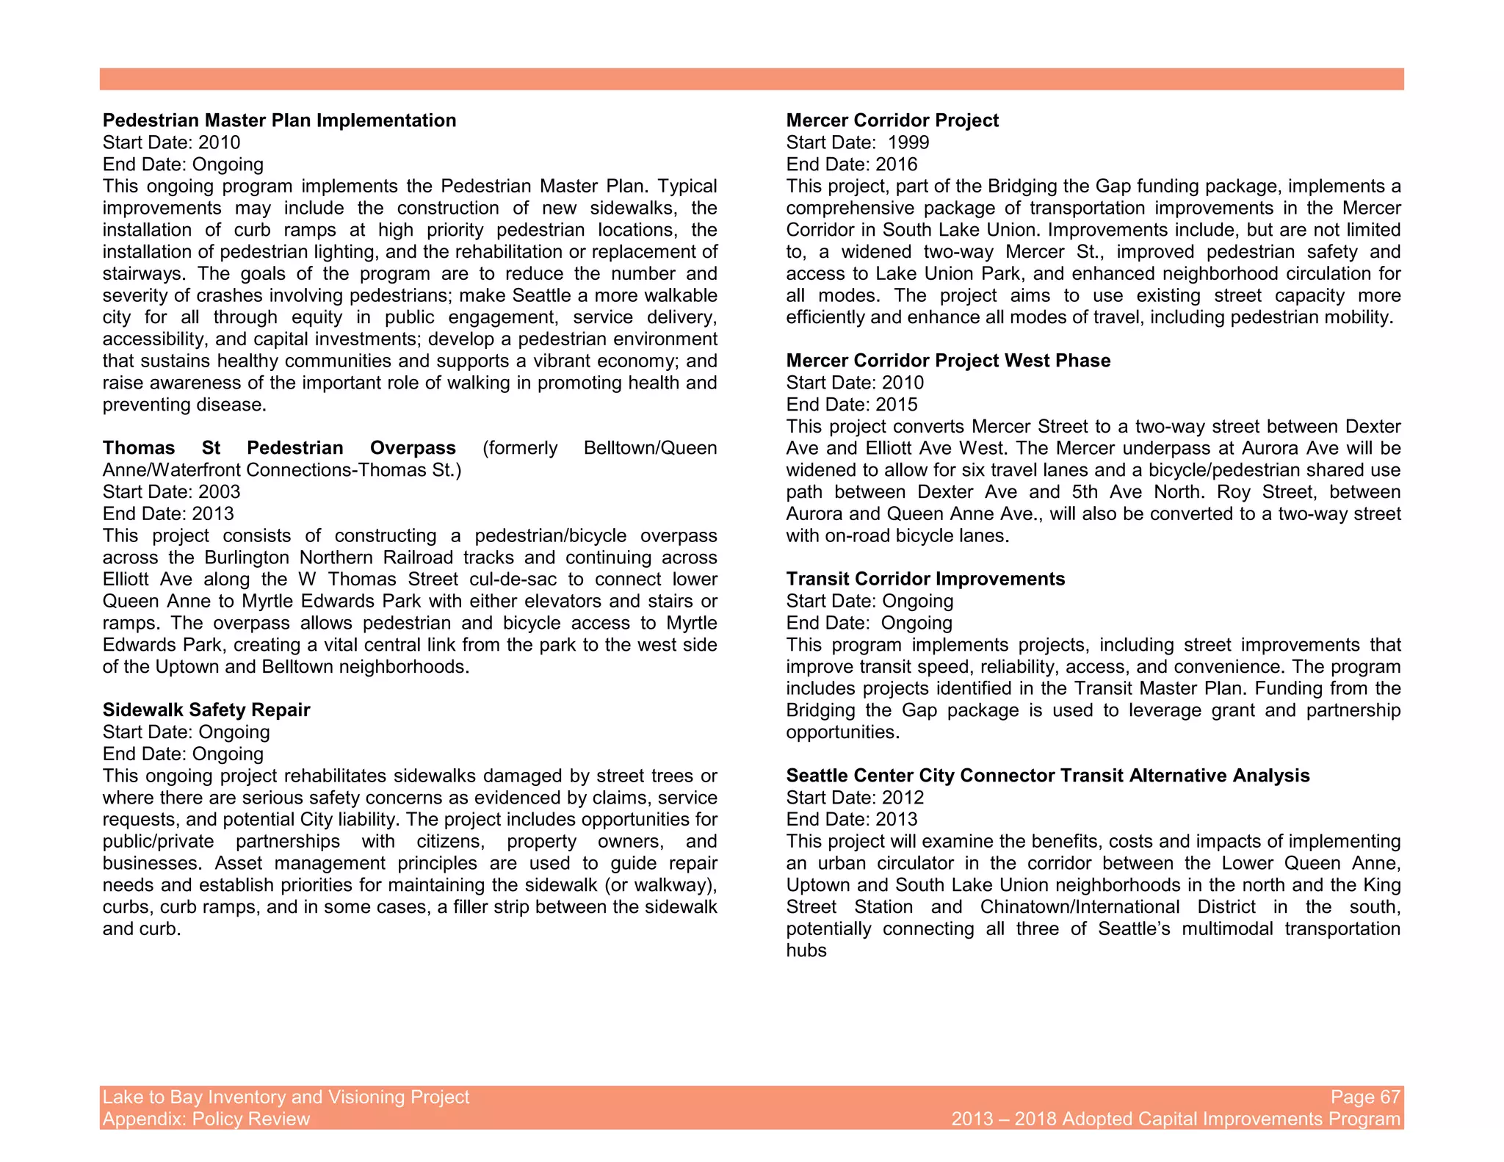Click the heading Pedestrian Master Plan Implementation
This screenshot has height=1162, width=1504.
[x=279, y=120]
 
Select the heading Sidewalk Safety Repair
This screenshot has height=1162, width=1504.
[x=206, y=710]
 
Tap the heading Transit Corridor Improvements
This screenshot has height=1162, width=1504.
[x=925, y=579]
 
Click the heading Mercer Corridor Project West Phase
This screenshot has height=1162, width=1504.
[x=948, y=361]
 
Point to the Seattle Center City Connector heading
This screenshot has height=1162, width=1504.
[x=1047, y=776]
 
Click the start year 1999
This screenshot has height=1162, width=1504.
[x=908, y=142]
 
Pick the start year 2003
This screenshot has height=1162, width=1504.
[x=220, y=492]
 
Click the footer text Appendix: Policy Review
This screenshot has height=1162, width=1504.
[x=206, y=1119]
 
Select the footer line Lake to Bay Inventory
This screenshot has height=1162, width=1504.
[x=286, y=1097]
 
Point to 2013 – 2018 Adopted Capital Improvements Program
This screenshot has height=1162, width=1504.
[x=1176, y=1119]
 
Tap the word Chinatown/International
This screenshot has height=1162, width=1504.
[x=1080, y=907]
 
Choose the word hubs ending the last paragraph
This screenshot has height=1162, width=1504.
[x=806, y=951]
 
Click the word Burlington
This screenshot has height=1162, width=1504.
[x=247, y=557]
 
